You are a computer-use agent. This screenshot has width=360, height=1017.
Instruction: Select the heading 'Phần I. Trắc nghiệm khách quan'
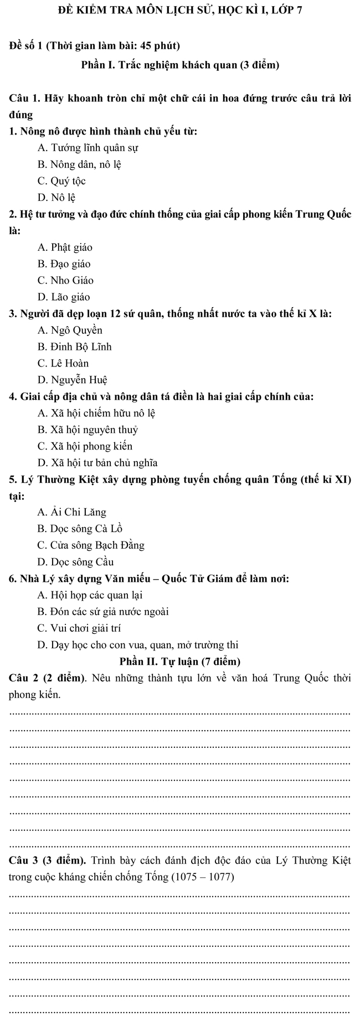[x=179, y=65]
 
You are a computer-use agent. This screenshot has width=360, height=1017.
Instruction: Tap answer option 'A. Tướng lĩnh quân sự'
[x=88, y=148]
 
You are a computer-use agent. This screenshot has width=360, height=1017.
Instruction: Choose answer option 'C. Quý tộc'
[x=61, y=181]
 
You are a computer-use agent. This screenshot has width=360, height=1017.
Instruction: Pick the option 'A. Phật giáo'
[x=65, y=247]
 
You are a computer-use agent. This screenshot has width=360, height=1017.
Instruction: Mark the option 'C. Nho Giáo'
[x=65, y=281]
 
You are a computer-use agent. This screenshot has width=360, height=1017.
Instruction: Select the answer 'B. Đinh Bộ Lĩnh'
[x=75, y=347]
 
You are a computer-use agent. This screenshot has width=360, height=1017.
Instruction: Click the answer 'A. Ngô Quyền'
[x=70, y=331]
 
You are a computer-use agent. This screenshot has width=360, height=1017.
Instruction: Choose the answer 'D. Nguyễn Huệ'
[x=72, y=380]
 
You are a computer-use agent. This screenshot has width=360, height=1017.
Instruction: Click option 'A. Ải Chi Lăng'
[x=71, y=512]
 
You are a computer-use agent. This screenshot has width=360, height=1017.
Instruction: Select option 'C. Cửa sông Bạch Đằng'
[x=91, y=545]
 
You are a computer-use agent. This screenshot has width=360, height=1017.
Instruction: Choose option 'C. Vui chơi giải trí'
[x=79, y=628]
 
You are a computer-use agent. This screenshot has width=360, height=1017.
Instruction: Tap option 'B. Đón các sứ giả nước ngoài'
[x=102, y=612]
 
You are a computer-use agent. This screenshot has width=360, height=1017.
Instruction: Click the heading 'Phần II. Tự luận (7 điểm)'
[x=179, y=662]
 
